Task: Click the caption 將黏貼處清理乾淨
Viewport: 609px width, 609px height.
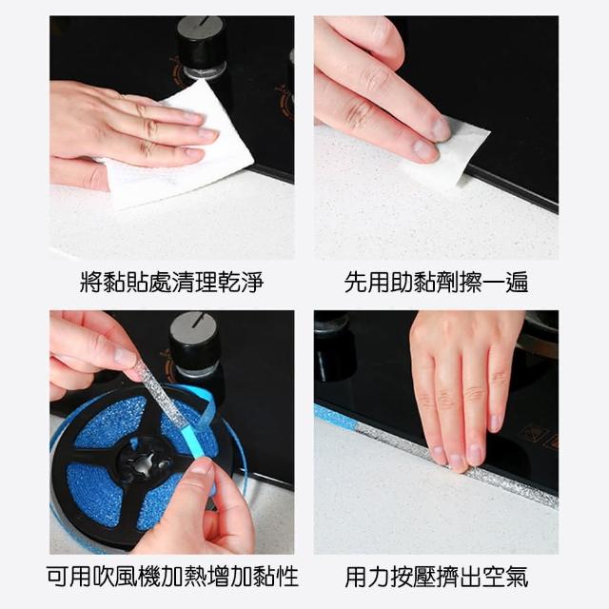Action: [171, 282]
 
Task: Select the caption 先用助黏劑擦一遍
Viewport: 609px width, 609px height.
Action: [436, 282]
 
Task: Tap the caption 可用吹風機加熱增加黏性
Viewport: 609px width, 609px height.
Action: [172, 577]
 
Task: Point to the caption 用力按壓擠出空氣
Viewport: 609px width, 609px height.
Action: [436, 577]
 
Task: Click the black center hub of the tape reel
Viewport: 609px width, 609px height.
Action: [147, 462]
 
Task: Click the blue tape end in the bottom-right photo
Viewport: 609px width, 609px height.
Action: [335, 417]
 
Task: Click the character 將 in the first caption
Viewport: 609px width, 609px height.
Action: [91, 282]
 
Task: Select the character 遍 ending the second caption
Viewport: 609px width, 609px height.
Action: [517, 282]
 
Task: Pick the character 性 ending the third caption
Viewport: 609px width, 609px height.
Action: [287, 577]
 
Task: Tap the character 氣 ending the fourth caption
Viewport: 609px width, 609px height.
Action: [517, 577]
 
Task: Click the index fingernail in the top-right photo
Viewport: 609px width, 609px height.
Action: [442, 128]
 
